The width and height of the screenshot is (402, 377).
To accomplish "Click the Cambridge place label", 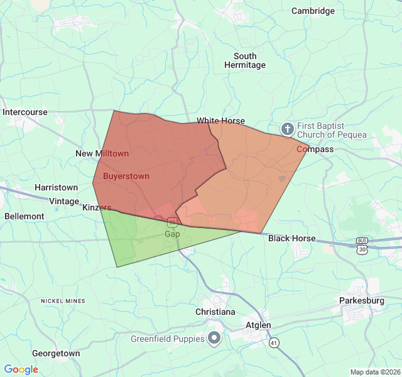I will [313, 11].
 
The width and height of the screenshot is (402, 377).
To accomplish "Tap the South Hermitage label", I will [245, 60].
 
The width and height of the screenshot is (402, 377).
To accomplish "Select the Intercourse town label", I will [25, 112].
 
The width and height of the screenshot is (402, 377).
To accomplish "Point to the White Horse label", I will [220, 121].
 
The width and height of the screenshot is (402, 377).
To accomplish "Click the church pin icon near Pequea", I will [287, 129].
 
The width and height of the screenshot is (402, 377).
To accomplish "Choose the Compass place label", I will [315, 150].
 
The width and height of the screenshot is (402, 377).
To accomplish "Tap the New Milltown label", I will [102, 153].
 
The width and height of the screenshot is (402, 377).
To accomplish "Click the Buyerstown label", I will [126, 176].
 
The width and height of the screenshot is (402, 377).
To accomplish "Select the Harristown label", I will [56, 187].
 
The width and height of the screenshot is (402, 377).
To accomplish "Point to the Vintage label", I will [65, 200].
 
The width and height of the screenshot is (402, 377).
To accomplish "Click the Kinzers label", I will [97, 207].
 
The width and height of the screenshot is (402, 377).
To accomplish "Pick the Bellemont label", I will [24, 216].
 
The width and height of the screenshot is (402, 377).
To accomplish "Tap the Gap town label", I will [172, 234].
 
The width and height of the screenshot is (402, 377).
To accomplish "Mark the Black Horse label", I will [291, 239].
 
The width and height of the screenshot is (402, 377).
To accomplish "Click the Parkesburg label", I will [361, 300].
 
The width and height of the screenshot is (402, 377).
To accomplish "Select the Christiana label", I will [215, 312].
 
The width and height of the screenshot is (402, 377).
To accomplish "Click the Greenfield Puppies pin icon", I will [214, 339].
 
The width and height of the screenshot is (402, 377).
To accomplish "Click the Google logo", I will [21, 369].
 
